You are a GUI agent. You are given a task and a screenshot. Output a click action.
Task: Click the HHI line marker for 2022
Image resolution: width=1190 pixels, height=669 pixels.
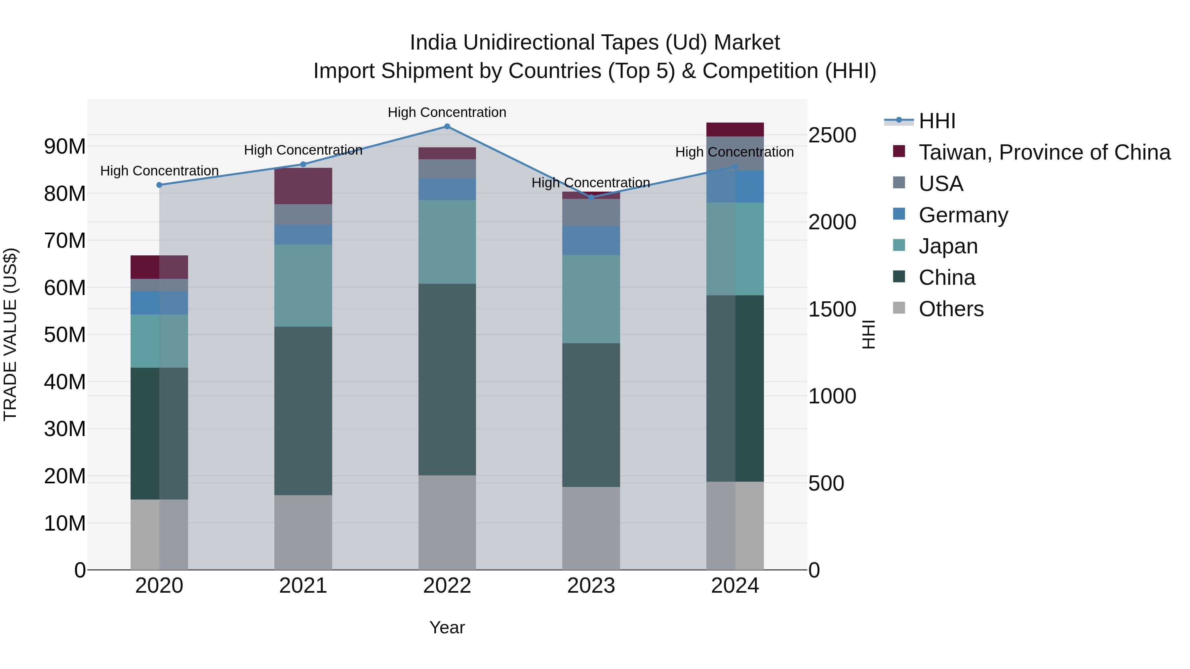coord(447,127)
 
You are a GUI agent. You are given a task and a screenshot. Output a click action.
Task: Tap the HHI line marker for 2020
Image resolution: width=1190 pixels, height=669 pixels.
coord(159,185)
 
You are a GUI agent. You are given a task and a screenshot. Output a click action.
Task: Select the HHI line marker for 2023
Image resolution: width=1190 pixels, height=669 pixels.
coord(591,198)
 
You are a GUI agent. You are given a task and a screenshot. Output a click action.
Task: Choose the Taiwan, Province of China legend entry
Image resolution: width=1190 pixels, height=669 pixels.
coord(1044,152)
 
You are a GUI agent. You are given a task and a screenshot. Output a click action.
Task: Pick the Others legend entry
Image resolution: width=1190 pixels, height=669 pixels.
coord(951,309)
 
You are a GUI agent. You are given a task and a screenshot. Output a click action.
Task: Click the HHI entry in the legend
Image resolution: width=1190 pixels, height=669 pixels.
coord(936,121)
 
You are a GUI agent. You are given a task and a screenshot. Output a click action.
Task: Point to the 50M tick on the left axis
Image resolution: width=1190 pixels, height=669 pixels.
coord(65,335)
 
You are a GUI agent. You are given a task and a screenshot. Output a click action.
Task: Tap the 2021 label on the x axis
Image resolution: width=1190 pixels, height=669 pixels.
coord(303,586)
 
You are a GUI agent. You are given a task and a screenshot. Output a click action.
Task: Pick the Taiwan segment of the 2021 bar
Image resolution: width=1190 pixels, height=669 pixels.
coord(303,186)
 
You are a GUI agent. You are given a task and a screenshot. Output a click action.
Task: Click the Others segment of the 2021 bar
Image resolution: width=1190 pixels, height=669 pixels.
coord(303,532)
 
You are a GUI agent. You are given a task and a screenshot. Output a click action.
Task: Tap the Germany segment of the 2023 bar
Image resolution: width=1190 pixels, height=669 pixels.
coord(591,241)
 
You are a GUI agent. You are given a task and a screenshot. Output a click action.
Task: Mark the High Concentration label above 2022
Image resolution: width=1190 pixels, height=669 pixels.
coord(447,112)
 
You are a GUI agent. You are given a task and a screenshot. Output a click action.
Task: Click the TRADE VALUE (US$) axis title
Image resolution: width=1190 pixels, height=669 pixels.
coord(10,334)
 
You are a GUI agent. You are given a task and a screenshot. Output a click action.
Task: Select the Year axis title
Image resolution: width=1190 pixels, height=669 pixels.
coord(447,627)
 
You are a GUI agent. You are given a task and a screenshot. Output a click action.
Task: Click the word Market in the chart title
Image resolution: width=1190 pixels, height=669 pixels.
coord(746,43)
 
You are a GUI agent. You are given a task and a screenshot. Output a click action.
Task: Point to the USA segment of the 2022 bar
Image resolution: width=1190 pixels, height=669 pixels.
coord(447,168)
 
